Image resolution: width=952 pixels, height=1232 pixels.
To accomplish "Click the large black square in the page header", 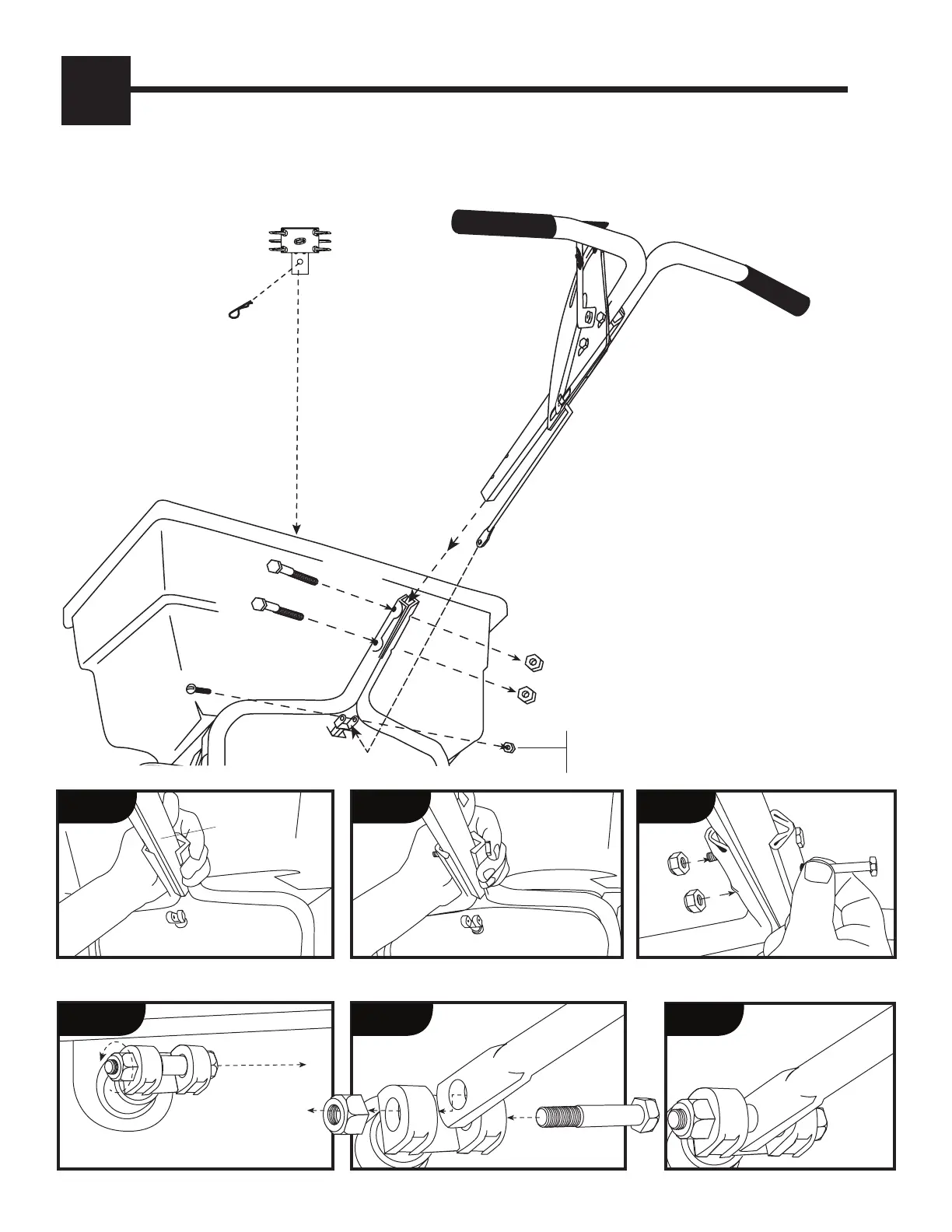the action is [96, 90].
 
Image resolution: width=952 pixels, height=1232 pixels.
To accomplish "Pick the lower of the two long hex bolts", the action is [278, 609].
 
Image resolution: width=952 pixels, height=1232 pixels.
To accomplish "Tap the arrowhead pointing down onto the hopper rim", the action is [296, 529].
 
